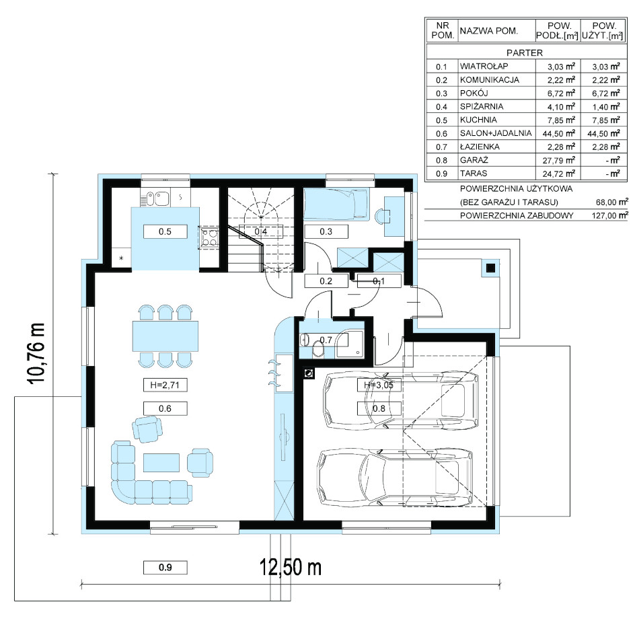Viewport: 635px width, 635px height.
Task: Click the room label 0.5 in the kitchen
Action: [165, 231]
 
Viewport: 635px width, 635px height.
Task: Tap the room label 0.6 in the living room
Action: [165, 408]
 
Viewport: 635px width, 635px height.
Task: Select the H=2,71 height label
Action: [165, 385]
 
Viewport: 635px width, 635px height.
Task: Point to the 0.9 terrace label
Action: [165, 567]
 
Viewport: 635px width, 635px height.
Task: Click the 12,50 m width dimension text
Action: [291, 566]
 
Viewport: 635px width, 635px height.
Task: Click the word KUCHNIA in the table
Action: [478, 120]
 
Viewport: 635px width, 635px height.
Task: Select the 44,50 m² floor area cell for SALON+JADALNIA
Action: [559, 133]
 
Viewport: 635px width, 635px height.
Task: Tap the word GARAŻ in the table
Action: [474, 160]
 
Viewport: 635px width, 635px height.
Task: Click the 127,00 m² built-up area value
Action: [610, 215]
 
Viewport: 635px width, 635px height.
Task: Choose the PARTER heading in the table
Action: [525, 52]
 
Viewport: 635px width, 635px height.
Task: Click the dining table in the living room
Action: [165, 336]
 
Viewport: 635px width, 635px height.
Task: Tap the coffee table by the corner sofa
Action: [161, 463]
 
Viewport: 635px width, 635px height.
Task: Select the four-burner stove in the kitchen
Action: [209, 237]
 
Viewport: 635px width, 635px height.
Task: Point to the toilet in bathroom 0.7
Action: [318, 348]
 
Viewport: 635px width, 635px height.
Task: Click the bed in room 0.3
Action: [336, 205]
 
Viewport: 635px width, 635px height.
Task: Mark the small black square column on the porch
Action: [490, 268]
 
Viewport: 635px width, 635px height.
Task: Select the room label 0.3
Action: [326, 231]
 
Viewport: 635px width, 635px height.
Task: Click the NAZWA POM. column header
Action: [489, 31]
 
